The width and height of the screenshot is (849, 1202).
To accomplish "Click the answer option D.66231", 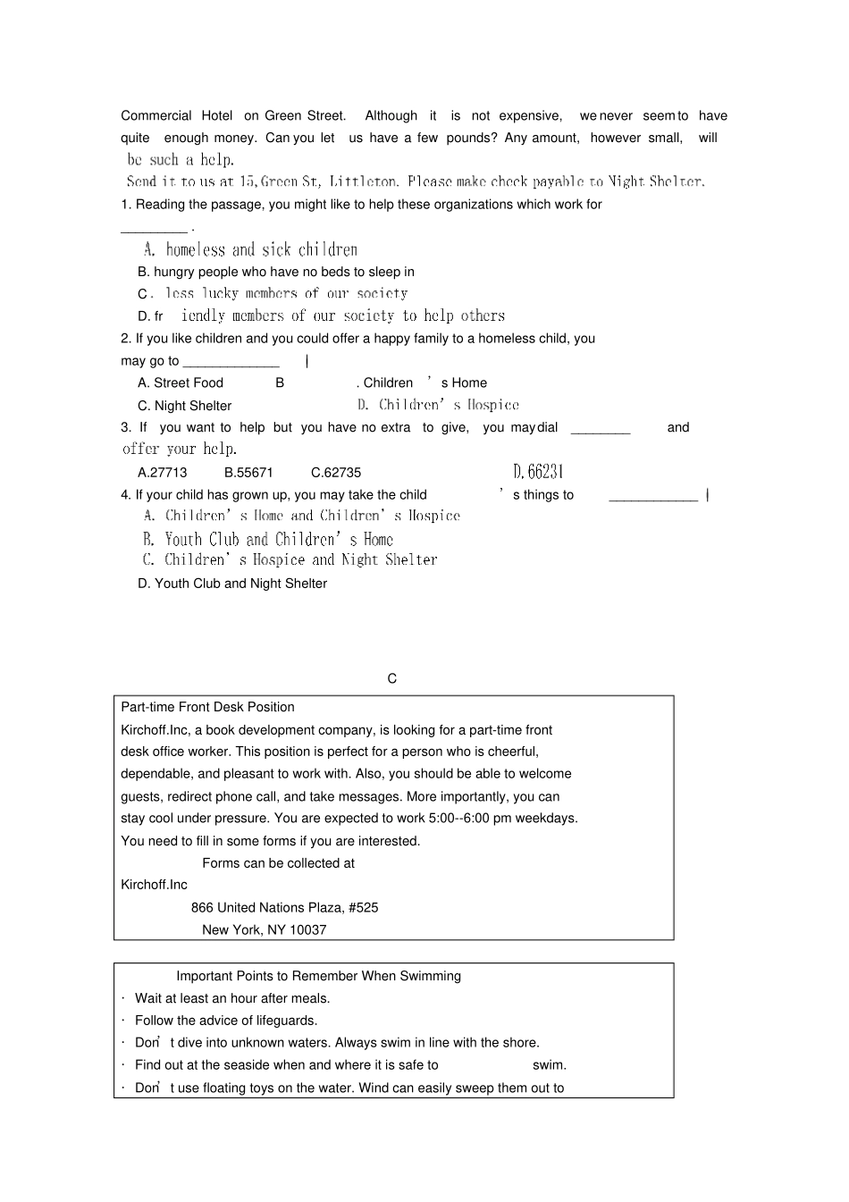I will click(x=538, y=472).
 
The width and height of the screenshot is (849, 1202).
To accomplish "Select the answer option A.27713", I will click(x=163, y=473).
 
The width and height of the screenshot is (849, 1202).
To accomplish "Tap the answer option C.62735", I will click(x=336, y=473).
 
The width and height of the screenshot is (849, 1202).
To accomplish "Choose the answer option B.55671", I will click(x=248, y=473).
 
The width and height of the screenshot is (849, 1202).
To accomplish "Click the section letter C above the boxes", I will click(x=392, y=679).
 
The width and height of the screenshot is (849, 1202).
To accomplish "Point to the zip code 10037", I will click(x=308, y=930).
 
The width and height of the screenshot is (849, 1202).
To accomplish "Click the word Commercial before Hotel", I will click(x=156, y=116).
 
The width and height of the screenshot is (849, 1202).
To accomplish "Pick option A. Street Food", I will click(x=181, y=383).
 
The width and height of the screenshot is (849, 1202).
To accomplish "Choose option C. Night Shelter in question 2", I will click(x=184, y=406).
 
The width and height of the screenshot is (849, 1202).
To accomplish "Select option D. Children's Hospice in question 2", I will click(x=438, y=406).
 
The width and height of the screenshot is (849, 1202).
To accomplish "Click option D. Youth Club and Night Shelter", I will click(x=232, y=584).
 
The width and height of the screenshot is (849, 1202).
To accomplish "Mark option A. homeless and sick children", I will click(x=251, y=250).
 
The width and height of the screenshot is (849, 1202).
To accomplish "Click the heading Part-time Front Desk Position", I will click(x=207, y=707).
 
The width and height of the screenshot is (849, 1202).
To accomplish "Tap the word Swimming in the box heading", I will click(x=431, y=977).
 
